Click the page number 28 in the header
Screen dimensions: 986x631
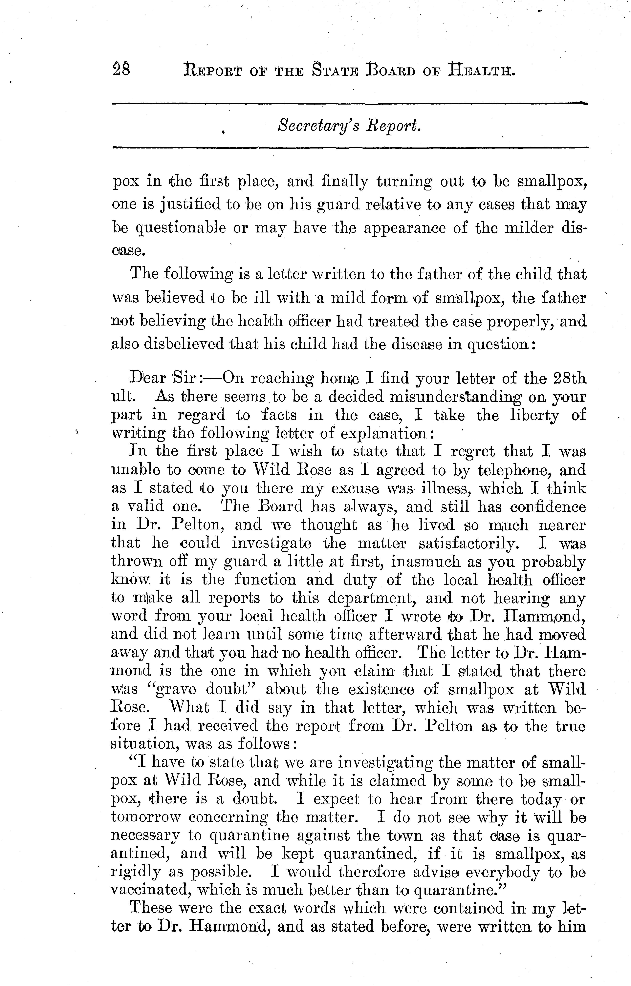coord(120,69)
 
